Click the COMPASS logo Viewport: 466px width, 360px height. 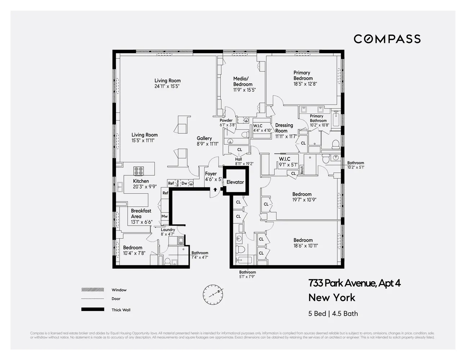[x=387, y=39]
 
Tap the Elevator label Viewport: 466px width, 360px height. [x=235, y=182]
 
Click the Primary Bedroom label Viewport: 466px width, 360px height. [x=303, y=76]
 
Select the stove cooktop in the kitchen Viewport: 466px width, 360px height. [x=139, y=171]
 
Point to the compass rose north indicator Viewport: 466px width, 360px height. [x=212, y=294]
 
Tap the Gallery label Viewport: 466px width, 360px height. [x=204, y=138]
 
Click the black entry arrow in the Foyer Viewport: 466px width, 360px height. [x=215, y=189]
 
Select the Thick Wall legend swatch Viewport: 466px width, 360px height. [x=93, y=309]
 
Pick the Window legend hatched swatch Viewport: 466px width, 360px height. [x=93, y=290]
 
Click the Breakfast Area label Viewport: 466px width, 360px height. [x=141, y=213]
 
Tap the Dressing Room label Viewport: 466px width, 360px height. [x=284, y=128]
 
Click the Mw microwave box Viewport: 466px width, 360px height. [x=165, y=216]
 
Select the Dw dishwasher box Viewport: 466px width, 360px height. [x=184, y=183]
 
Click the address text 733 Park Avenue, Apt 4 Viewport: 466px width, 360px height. [x=354, y=283]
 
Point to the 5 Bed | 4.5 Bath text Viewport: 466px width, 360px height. [x=333, y=314]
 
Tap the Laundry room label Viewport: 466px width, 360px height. [x=168, y=230]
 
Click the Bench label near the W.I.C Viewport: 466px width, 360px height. [x=302, y=170]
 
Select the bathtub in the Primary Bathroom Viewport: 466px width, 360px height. [x=336, y=120]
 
